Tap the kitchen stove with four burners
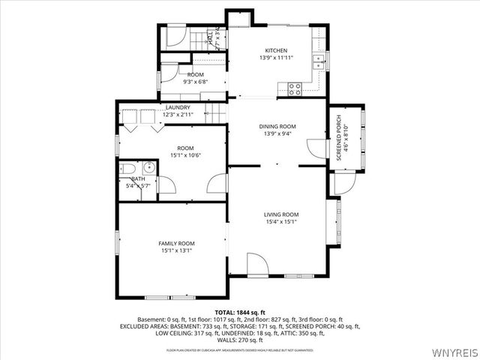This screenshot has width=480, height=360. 295,87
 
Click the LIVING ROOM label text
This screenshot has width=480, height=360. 281,214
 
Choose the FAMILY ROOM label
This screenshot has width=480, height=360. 176,244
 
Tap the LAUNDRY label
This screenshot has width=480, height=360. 178,107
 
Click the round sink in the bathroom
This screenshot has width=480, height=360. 148,166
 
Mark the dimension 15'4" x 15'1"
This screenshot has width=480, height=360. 281,222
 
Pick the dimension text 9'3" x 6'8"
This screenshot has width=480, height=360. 196,82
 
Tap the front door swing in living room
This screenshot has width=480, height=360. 256,265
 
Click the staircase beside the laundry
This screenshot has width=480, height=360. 216,113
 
